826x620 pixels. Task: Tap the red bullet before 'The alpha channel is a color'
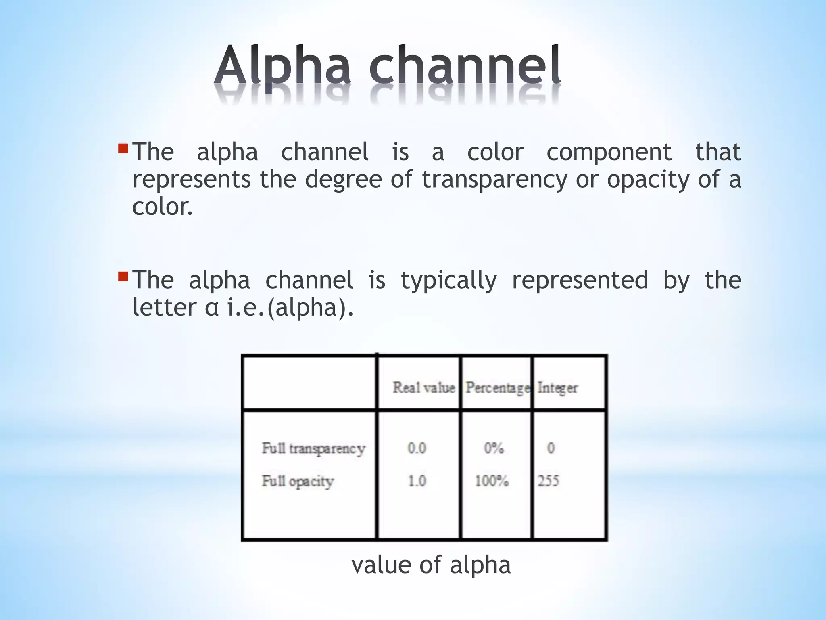pyautogui.click(x=123, y=149)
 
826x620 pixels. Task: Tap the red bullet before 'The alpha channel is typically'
pyautogui.click(x=123, y=277)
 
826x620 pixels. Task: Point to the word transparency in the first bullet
pyautogui.click(x=494, y=180)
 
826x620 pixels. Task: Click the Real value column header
pyautogui.click(x=424, y=387)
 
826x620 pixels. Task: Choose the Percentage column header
pyautogui.click(x=497, y=388)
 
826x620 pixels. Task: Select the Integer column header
pyautogui.click(x=557, y=388)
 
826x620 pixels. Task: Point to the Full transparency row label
pyautogui.click(x=313, y=448)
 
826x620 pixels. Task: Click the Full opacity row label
pyautogui.click(x=298, y=481)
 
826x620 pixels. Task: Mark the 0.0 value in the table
pyautogui.click(x=417, y=448)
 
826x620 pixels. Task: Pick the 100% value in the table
pyautogui.click(x=492, y=481)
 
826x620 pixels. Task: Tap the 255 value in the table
pyautogui.click(x=548, y=481)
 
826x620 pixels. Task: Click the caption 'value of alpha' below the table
pyautogui.click(x=431, y=564)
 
